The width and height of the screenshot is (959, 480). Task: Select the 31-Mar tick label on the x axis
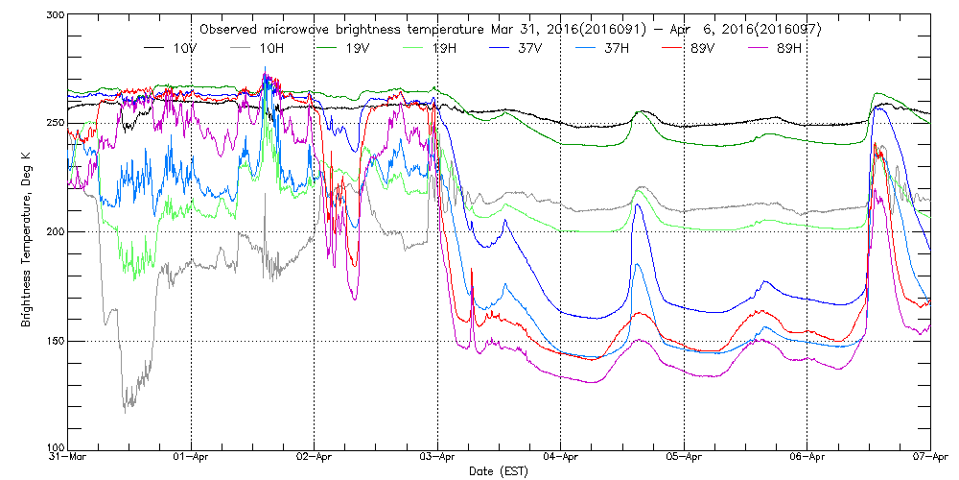pyautogui.click(x=69, y=458)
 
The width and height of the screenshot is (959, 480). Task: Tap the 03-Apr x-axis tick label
pyautogui.click(x=438, y=458)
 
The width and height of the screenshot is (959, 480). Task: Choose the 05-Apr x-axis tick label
pyautogui.click(x=684, y=458)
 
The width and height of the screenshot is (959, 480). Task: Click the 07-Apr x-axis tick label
pyautogui.click(x=929, y=458)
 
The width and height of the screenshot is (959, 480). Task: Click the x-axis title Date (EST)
pyautogui.click(x=499, y=471)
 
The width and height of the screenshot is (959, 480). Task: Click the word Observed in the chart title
pyautogui.click(x=229, y=30)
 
